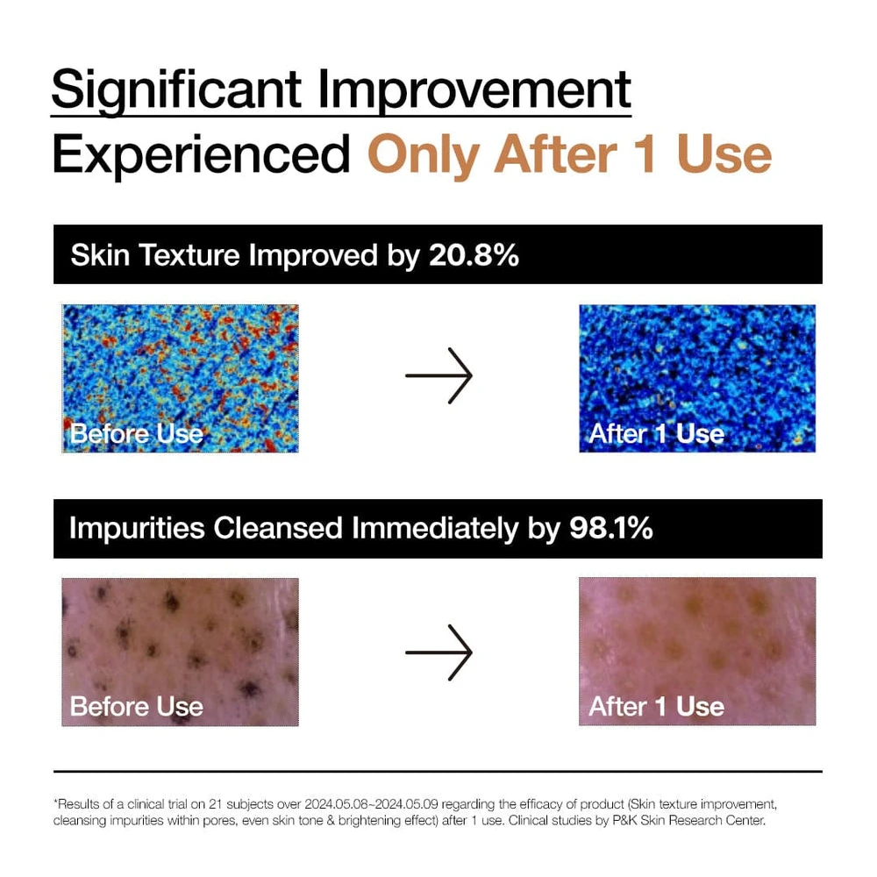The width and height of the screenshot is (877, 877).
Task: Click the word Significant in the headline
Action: pyautogui.click(x=177, y=90)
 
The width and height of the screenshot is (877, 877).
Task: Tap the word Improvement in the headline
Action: pyautogui.click(x=474, y=90)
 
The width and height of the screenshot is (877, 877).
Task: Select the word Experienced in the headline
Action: pyautogui.click(x=202, y=155)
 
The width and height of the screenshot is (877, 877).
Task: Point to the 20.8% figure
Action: pyautogui.click(x=474, y=255)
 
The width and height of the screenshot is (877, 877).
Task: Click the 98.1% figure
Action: pyautogui.click(x=610, y=528)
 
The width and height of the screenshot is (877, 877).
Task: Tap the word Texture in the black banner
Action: pyautogui.click(x=189, y=255)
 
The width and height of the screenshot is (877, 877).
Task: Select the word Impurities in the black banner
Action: pyautogui.click(x=137, y=529)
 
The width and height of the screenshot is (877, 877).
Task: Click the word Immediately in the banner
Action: pyautogui.click(x=436, y=529)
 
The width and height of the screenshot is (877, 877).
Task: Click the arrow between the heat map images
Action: pyautogui.click(x=439, y=376)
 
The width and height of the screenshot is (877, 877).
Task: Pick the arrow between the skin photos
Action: pyautogui.click(x=439, y=652)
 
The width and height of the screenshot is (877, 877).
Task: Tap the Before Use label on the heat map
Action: pyautogui.click(x=137, y=434)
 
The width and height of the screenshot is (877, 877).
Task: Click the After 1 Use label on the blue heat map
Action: pyautogui.click(x=657, y=434)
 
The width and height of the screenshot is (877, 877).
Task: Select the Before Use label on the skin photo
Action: pyautogui.click(x=137, y=706)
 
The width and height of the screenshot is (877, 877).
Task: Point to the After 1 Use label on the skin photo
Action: pyautogui.click(x=657, y=706)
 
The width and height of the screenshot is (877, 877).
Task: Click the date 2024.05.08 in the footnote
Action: pyautogui.click(x=336, y=804)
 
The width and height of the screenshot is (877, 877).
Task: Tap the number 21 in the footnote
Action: pyautogui.click(x=216, y=804)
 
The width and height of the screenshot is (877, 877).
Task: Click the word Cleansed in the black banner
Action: pyautogui.click(x=278, y=529)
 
